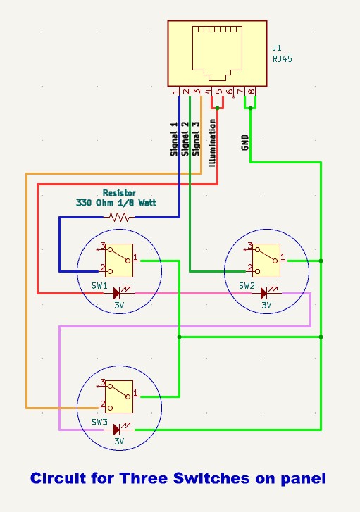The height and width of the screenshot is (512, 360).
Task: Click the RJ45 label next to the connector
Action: point(283,59)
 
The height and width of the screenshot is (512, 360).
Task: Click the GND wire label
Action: point(244,142)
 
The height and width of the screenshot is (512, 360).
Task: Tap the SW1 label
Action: point(99,287)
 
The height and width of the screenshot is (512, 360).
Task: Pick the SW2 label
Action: point(246,287)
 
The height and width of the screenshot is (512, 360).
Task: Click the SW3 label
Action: point(99,423)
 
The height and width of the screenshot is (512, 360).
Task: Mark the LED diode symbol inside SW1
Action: point(118,292)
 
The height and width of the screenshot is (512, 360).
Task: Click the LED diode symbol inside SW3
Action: point(118,428)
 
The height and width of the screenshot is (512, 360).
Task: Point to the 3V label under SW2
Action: point(266,306)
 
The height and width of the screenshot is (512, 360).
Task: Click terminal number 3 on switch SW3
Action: point(103,382)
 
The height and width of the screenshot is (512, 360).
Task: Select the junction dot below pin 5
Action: point(218,108)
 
